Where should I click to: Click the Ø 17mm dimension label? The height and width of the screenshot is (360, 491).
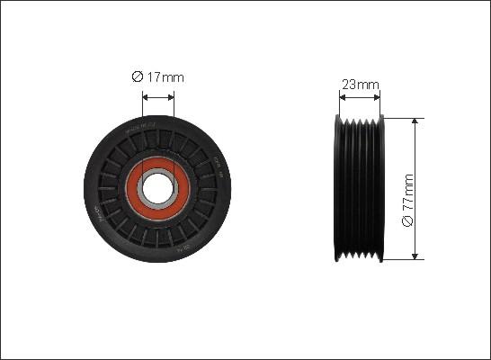point(158,77)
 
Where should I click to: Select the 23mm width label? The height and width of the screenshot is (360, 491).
point(360,85)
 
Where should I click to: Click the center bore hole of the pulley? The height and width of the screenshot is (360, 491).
point(159,188)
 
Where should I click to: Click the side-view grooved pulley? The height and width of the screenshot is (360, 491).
point(360,189)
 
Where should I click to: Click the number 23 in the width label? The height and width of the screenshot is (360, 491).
point(349,85)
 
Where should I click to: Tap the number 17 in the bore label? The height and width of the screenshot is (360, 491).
point(154,77)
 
